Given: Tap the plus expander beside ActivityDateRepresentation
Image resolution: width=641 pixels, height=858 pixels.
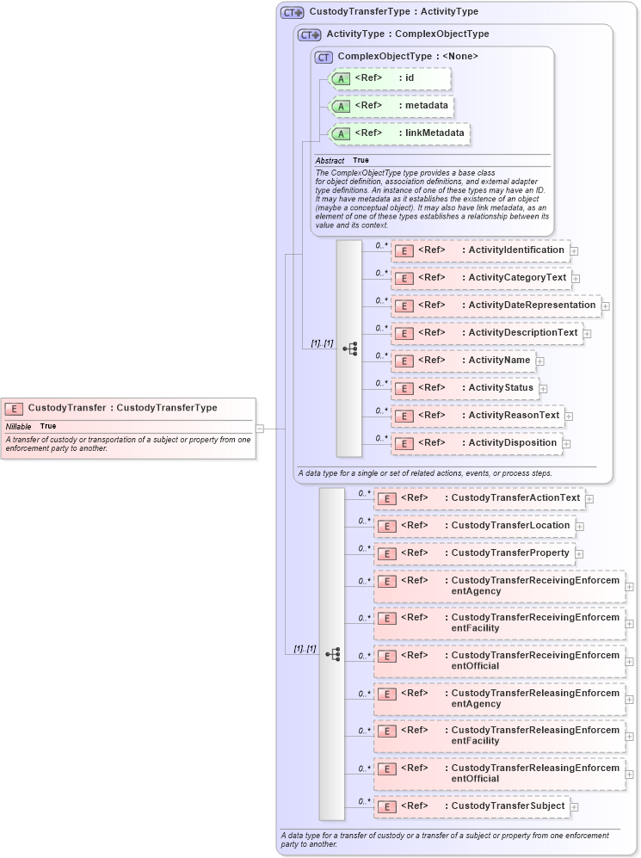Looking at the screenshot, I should point(606,306).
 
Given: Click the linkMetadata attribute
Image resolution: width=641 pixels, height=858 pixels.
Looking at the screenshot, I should point(400,133).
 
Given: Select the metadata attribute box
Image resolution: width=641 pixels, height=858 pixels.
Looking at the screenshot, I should point(391,106).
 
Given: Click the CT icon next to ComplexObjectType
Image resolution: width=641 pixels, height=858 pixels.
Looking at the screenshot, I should point(324,57).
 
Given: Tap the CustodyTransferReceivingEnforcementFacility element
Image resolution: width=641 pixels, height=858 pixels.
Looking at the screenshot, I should point(499,623).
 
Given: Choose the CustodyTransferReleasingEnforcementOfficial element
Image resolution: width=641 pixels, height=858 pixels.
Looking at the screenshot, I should point(499,773).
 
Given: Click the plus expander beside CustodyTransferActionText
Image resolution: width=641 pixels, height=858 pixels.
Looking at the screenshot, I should point(589,498).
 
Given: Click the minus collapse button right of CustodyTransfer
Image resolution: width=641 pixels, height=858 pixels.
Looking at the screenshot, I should point(259,428).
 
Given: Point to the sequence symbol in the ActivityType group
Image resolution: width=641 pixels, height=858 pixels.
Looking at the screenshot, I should point(349,349).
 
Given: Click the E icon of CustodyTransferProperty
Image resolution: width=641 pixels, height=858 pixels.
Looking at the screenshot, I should point(388,553).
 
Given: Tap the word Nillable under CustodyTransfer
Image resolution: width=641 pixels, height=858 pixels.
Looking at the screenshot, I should point(18,426).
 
